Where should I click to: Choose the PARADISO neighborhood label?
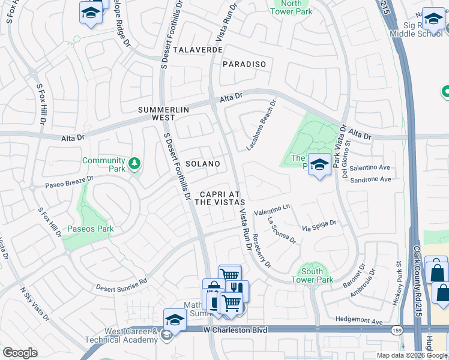click(x=244, y=64)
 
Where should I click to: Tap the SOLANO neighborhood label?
click(x=202, y=164)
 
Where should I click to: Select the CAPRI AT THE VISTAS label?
click(x=219, y=199)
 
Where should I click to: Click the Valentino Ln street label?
click(x=271, y=210)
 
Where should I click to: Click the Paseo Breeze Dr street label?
click(x=70, y=181)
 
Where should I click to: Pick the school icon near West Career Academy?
click(x=175, y=318)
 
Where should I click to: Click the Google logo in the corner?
click(x=20, y=353)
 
